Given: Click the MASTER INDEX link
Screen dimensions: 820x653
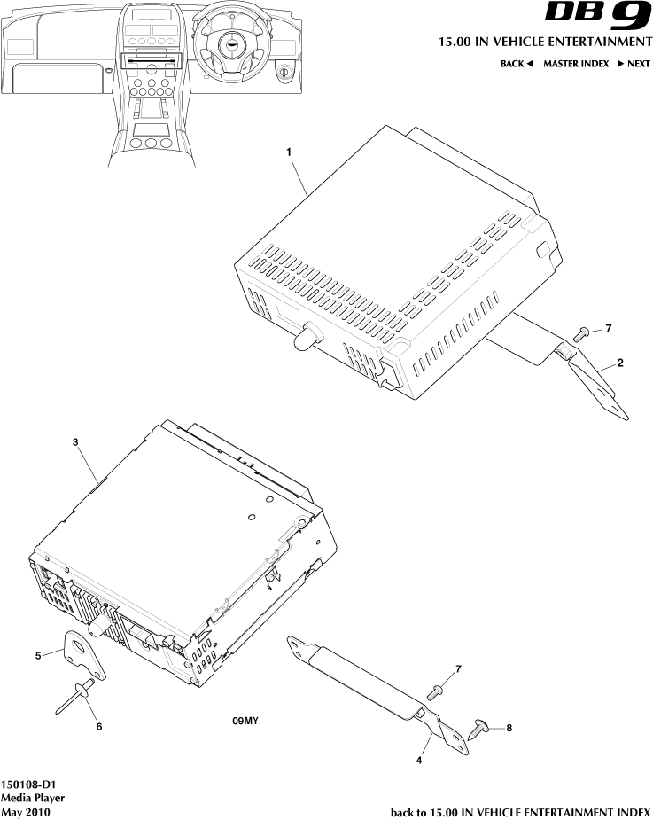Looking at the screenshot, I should (x=575, y=64).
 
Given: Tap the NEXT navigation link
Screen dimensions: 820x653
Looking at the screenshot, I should (x=634, y=64).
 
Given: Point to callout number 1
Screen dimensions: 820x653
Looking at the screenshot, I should (x=289, y=152).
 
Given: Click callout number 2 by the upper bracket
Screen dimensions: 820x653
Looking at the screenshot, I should (x=620, y=363).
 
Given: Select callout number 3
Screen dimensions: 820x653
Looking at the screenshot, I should (x=75, y=441).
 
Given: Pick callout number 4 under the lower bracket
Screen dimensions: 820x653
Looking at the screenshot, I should (x=418, y=760).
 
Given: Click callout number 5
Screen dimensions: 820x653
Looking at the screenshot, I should (x=38, y=655).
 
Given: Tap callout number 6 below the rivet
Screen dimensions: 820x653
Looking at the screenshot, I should (x=98, y=726).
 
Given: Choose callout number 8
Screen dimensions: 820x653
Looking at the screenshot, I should (x=509, y=728).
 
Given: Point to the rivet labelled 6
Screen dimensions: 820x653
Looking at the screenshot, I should (x=75, y=694).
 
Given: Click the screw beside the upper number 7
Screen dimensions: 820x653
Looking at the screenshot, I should (x=581, y=333).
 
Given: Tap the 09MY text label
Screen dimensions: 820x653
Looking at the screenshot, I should (x=245, y=722).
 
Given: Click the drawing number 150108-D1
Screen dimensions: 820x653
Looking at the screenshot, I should (x=29, y=785).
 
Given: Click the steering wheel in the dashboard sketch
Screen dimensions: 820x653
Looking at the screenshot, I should (x=229, y=45).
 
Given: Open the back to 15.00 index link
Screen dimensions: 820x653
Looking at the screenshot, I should (x=520, y=811).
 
